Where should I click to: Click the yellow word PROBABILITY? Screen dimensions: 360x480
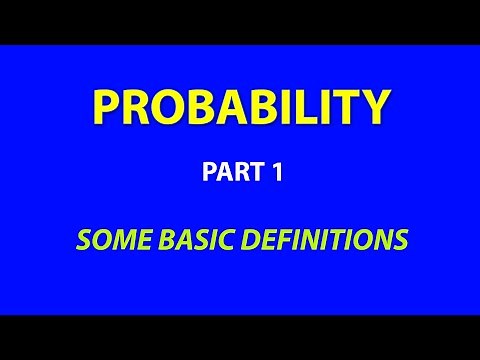click(239, 106)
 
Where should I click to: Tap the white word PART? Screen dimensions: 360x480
click(226, 172)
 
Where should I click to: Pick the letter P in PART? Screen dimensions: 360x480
click(207, 172)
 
